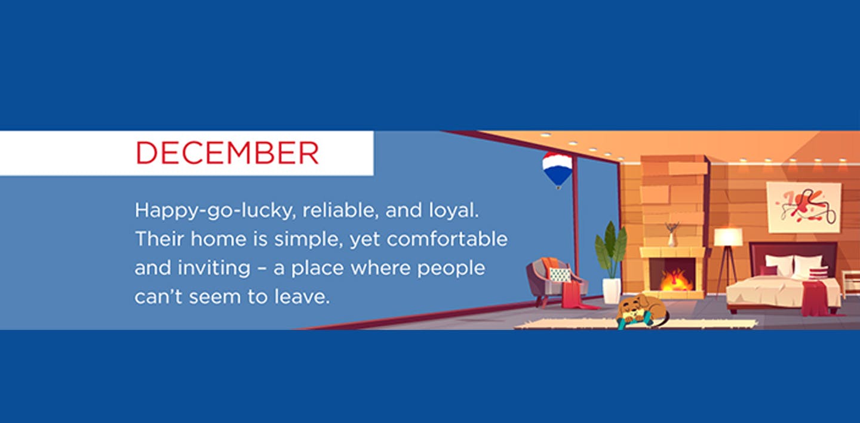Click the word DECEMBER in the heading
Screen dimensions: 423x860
(227, 153)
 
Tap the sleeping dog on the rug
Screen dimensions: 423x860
(641, 310)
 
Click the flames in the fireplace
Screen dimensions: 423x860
(675, 279)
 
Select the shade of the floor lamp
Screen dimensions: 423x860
(728, 237)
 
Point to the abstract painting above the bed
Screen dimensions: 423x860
(803, 207)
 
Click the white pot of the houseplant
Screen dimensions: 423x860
(612, 291)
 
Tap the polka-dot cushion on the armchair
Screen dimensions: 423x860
(560, 274)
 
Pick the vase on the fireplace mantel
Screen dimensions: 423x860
(672, 237)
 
